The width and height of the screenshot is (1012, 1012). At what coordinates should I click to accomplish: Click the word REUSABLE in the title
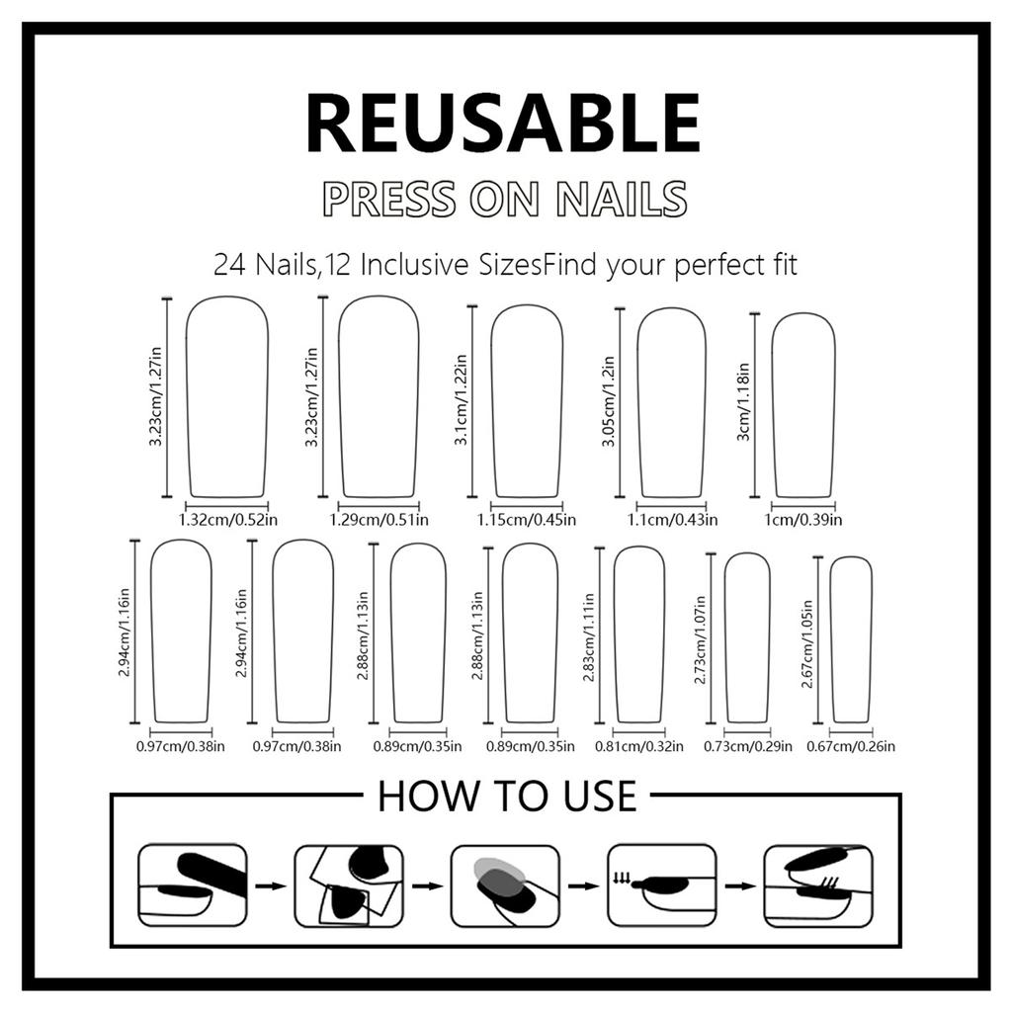(503, 123)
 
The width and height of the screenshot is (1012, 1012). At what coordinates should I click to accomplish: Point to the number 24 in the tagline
(229, 265)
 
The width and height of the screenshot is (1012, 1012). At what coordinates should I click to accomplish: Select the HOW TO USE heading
(507, 796)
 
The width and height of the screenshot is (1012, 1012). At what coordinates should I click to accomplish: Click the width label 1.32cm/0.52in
(228, 520)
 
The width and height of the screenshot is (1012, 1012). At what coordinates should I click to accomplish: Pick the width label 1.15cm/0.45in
(527, 520)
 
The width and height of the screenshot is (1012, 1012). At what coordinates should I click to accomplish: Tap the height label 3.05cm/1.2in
(609, 401)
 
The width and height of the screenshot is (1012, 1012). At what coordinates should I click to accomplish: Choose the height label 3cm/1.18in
(743, 401)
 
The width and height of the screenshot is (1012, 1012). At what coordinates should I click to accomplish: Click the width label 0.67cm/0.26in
(851, 746)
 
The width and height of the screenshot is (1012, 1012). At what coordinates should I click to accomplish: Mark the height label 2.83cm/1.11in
(589, 637)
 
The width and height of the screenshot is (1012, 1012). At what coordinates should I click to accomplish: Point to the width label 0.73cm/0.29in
(747, 746)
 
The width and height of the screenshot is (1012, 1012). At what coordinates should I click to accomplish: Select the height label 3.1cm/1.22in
(461, 399)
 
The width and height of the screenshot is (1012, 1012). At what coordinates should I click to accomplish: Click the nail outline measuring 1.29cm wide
(379, 397)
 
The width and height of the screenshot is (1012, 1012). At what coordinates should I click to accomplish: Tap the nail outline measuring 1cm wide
(802, 405)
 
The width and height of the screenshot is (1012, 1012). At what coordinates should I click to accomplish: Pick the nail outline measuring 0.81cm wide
(639, 634)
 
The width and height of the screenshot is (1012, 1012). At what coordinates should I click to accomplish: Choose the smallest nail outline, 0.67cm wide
(851, 639)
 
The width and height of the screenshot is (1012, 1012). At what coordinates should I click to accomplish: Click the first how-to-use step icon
(193, 885)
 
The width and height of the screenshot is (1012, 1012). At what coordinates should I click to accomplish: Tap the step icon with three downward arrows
(662, 885)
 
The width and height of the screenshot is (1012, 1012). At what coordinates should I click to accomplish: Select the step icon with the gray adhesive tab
(505, 885)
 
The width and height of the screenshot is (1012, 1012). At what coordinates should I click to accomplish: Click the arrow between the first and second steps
(271, 886)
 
